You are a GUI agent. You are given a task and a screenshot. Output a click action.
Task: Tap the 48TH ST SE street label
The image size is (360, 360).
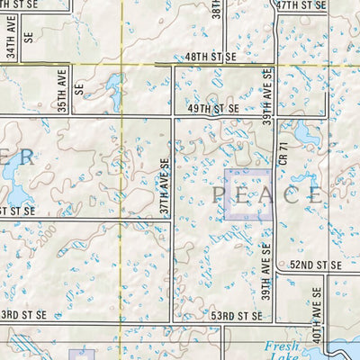point(210,56)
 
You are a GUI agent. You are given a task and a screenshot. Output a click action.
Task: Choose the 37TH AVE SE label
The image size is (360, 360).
point(165,187)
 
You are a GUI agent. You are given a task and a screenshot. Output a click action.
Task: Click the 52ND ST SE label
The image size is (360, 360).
point(315,265)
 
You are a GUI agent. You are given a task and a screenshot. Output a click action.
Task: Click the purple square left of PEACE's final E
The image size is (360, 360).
point(247,193)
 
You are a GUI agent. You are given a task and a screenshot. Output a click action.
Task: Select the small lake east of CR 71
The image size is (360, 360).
point(306,135)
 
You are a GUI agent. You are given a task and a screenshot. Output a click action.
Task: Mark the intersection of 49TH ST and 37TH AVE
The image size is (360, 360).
point(172,117)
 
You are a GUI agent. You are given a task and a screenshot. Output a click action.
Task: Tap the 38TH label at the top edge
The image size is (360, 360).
point(216,9)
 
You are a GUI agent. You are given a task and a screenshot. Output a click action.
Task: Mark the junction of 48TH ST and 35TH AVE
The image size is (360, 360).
point(72,64)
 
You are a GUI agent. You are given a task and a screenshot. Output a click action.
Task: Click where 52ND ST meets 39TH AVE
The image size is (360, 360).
point(274,273)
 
